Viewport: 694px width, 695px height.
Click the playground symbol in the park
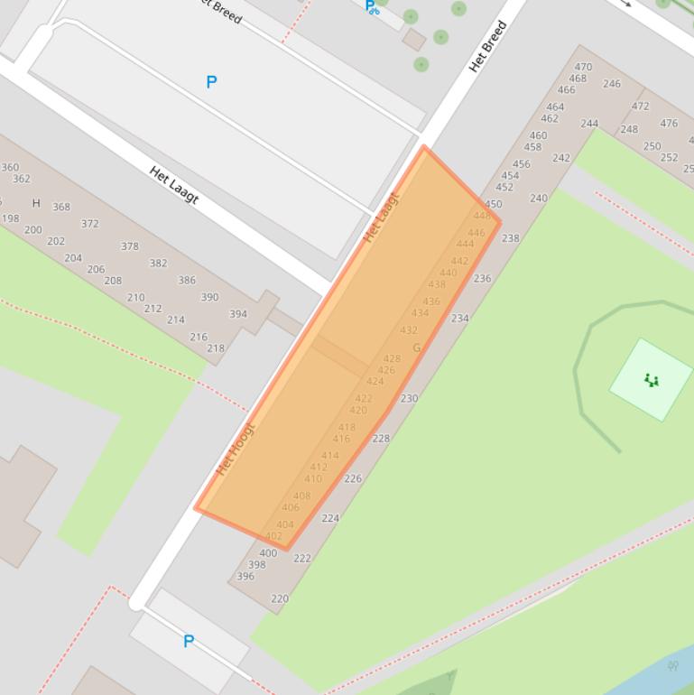coord(651,380)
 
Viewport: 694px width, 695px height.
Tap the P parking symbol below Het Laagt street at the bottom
coord(189,642)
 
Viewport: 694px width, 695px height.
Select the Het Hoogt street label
coord(236,449)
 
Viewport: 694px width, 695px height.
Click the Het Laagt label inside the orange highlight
coord(381,218)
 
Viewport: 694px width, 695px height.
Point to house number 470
coord(583,67)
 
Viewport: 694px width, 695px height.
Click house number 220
coord(280,598)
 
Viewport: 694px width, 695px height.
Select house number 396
coord(245,577)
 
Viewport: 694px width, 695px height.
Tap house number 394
coord(238,314)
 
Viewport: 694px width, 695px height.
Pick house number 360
coord(10,167)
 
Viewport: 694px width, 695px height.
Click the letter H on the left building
coord(36,203)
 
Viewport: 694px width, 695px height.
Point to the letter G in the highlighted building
coord(416,347)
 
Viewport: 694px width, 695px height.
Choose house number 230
coord(409,398)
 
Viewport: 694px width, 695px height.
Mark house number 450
coord(493,205)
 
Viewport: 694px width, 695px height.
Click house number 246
coord(612,84)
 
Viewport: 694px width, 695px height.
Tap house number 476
coord(669,124)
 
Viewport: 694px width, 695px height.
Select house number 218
coord(216,348)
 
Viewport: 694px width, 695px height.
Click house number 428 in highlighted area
coord(392,359)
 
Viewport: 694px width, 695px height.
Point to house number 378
coord(130,246)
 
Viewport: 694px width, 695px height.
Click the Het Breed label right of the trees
coord(487,47)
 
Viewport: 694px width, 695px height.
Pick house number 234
coord(460,318)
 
